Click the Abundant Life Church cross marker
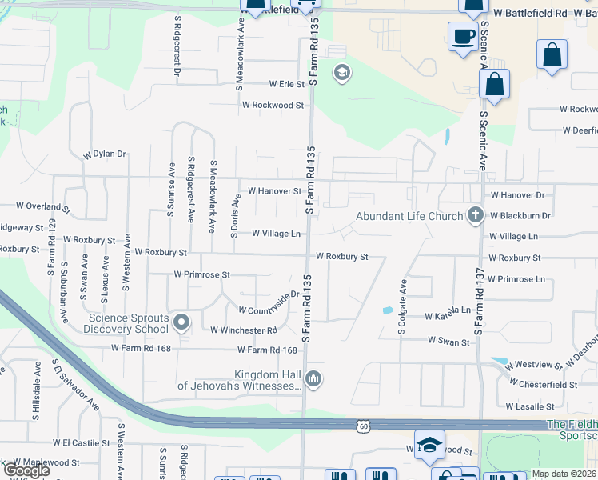pyautogui.click(x=476, y=214)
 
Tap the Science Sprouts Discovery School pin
pyautogui.click(x=181, y=323)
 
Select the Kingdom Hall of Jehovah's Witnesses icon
pyautogui.click(x=313, y=378)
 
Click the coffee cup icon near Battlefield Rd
pyautogui.click(x=462, y=37)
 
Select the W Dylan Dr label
pyautogui.click(x=105, y=153)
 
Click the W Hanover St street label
pyautogui.click(x=274, y=191)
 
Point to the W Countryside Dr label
pyautogui.click(x=269, y=302)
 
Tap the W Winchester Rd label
pyautogui.click(x=244, y=330)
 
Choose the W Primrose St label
pyautogui.click(x=202, y=274)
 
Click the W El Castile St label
pyautogui.click(x=81, y=442)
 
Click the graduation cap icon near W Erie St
pyautogui.click(x=341, y=74)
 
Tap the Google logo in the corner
pyautogui.click(x=26, y=470)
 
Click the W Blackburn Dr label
pyautogui.click(x=520, y=215)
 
